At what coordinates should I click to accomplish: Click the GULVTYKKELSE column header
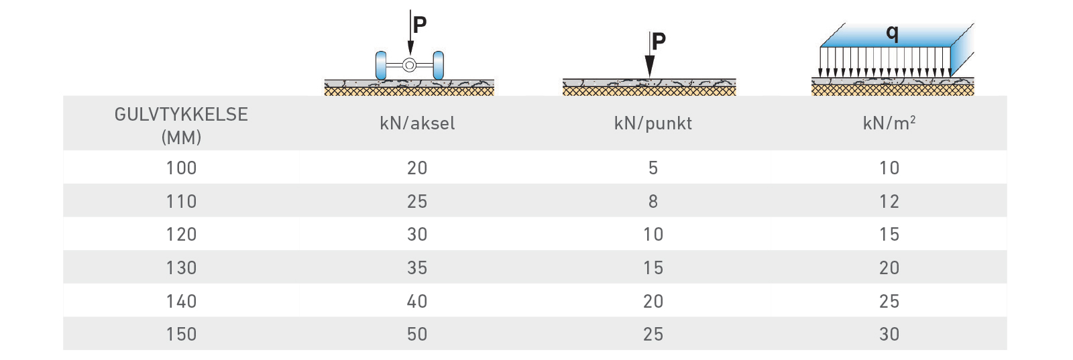coord(181,126)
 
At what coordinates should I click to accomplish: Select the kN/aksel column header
coord(416,123)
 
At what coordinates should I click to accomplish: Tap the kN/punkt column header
coord(653,124)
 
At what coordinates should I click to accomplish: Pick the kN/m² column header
coord(889,123)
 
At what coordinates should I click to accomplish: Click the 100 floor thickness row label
coord(181,168)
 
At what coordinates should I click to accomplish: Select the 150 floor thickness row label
coord(181,334)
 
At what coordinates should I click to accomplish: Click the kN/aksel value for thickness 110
coord(416,202)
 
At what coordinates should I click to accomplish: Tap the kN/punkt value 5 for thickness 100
coord(653,168)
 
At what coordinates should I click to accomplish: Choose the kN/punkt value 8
coord(653,202)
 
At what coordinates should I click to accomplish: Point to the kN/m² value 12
coord(889,202)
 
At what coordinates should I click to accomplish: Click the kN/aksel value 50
coord(416,334)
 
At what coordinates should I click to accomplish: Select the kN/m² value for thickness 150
coord(889,334)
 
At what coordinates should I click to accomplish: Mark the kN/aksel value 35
coord(416,267)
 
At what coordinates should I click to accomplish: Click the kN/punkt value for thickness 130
coord(653,267)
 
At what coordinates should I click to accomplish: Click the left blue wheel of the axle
coord(381,65)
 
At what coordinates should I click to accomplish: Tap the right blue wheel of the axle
coord(439,65)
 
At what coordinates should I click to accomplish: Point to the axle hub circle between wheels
coord(409,65)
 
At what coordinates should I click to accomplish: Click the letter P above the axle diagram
coord(420,25)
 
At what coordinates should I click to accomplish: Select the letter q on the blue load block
coord(892,34)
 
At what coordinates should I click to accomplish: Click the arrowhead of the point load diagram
coord(650,66)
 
